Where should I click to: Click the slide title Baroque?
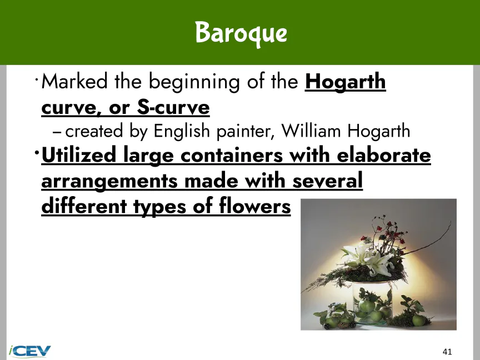coord(241,33)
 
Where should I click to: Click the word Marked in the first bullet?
coord(74,82)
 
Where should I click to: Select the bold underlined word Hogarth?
coord(346,82)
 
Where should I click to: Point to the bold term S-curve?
coord(173,107)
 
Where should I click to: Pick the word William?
coord(311,131)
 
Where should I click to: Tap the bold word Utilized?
coord(79,155)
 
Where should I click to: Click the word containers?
coord(232,155)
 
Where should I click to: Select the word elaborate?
coord(384,155)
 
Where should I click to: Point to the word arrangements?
coord(109,182)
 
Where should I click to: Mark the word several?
coord(328,181)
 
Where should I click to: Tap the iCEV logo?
coord(29,351)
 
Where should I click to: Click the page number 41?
coord(447,352)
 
